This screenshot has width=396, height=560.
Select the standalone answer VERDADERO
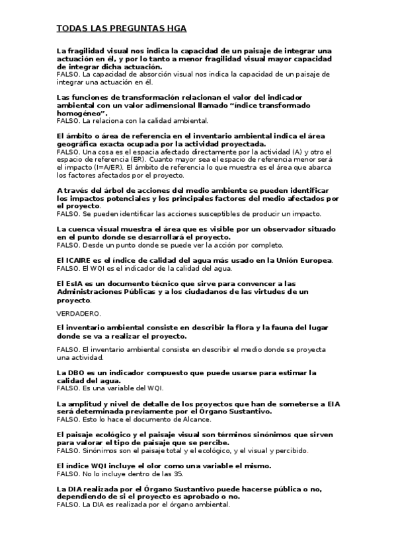tap(79, 312)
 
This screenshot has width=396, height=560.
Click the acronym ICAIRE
tap(79, 260)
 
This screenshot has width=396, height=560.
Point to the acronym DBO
tap(79, 372)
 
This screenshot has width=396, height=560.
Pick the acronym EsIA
tap(77, 283)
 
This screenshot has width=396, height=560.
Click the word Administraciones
tap(93, 291)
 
